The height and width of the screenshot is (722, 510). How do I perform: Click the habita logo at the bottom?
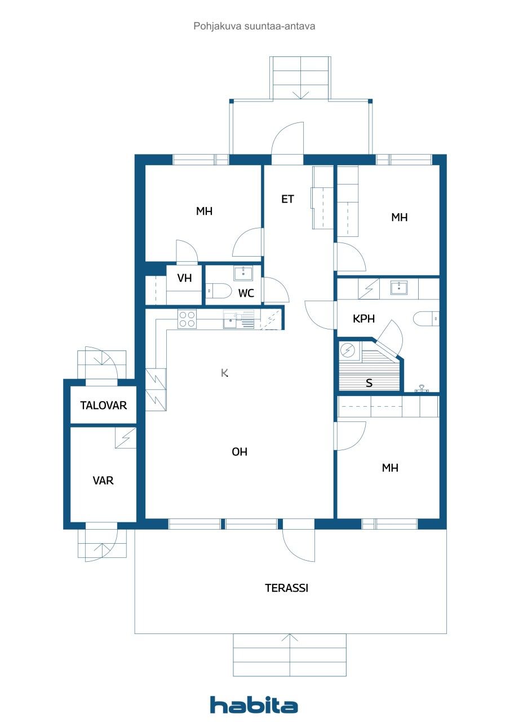[254, 705]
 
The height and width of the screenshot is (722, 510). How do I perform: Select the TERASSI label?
[286, 588]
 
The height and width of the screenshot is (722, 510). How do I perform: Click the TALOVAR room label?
[103, 405]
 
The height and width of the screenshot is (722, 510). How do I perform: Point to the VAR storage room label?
[103, 481]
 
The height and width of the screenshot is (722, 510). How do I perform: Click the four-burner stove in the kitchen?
[187, 319]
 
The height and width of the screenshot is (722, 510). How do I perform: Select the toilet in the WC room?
[219, 291]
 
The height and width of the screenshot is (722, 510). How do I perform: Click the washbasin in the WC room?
[243, 274]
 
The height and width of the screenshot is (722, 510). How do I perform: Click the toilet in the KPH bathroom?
[427, 319]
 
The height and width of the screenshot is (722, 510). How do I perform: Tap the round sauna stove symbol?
[349, 351]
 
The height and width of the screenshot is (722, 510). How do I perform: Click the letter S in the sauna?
[369, 383]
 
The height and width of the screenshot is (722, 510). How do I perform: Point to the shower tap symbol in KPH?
[422, 388]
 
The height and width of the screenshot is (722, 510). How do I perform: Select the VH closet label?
[184, 278]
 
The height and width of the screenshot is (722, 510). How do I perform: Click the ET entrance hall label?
[287, 199]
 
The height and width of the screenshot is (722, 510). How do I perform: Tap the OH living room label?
[240, 452]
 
